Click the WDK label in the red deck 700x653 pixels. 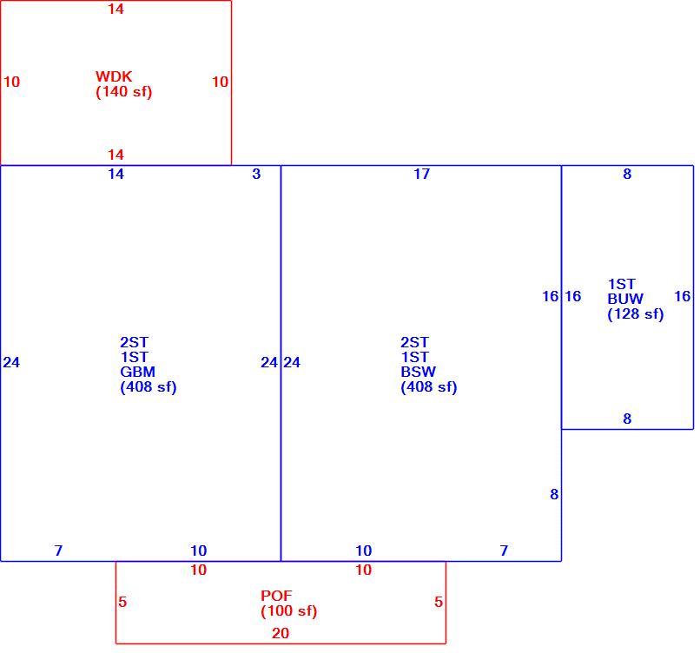114,76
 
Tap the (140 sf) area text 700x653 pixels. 124,91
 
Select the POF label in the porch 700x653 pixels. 276,596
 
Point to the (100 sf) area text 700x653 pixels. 289,610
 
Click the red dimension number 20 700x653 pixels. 281,633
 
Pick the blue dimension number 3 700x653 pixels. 256,174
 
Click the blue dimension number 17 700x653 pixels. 421,174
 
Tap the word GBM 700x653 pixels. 137,372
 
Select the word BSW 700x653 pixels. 418,372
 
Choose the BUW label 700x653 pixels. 625,299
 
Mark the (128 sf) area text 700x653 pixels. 636,313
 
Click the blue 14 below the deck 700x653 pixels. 116,174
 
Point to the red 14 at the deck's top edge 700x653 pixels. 116,9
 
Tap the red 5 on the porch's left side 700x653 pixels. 122,602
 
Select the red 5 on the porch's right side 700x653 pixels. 439,602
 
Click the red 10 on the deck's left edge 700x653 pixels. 11,82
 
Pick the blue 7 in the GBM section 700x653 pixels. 58,551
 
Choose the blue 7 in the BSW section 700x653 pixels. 504,551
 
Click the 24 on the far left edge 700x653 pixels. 11,362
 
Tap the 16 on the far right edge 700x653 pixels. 682,296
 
